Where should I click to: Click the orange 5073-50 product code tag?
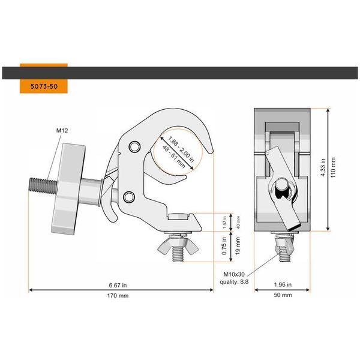click(43, 86)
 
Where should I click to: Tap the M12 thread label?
click(63, 130)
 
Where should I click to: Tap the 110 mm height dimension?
click(334, 167)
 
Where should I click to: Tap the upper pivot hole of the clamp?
click(133, 146)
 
